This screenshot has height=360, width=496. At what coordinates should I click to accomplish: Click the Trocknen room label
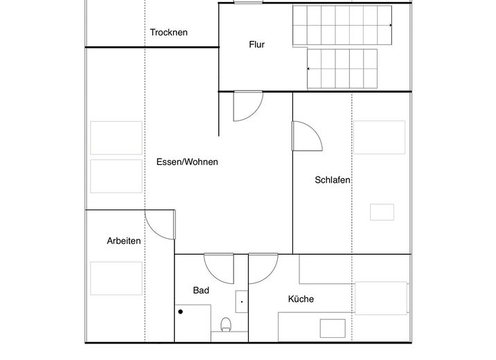168,33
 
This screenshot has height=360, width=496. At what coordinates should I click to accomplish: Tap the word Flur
256,44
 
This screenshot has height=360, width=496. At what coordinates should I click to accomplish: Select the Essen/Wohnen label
187,162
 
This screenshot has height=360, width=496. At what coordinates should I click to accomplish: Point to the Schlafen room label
333,180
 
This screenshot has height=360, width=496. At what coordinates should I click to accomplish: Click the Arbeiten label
124,241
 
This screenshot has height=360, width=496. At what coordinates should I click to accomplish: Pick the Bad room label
201,290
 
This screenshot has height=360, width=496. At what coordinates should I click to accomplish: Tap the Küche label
301,298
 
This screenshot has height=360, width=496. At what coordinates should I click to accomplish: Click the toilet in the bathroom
226,325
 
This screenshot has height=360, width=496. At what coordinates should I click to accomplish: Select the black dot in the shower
180,312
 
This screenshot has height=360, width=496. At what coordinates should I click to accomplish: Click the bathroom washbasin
242,302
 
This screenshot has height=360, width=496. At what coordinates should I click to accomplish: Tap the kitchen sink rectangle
333,328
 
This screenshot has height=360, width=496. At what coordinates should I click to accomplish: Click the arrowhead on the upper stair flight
391,25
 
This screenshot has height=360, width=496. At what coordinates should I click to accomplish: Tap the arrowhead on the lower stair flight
308,69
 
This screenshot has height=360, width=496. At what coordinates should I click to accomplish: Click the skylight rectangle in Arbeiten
116,278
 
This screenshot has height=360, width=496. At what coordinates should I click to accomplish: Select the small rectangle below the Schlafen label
382,212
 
